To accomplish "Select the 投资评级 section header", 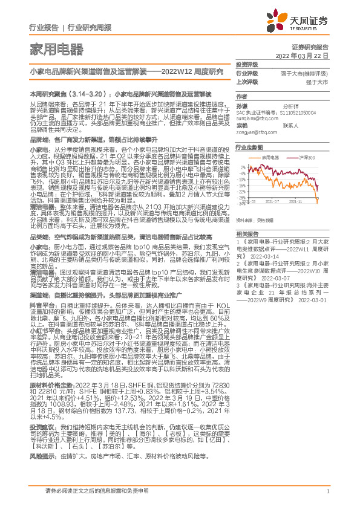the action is tap(247, 64).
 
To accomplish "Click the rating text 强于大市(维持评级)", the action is tap(308, 73).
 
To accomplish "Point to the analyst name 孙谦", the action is tap(241, 105).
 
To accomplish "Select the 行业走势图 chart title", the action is tap(249, 148).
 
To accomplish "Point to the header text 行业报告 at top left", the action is tap(44, 28).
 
